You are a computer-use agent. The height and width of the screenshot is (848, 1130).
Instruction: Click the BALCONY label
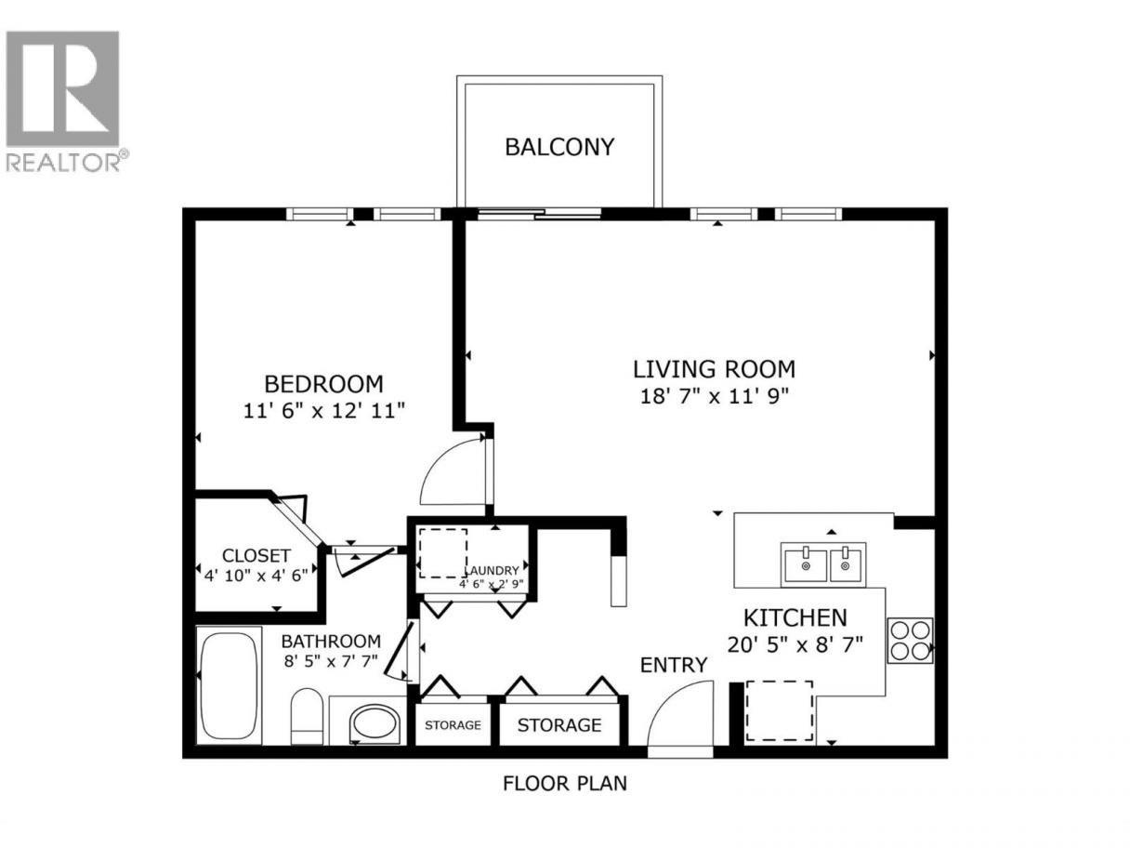click(x=559, y=147)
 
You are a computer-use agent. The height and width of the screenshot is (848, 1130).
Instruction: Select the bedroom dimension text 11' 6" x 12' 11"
click(x=323, y=411)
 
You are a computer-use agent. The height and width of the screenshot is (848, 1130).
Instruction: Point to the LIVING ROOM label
click(x=714, y=369)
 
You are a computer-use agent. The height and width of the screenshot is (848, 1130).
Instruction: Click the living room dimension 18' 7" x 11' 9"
click(x=714, y=396)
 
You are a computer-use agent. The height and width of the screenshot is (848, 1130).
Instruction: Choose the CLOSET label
click(x=256, y=555)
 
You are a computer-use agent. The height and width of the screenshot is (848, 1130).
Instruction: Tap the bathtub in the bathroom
click(x=229, y=685)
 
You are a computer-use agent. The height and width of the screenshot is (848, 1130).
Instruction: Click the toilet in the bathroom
click(x=307, y=716)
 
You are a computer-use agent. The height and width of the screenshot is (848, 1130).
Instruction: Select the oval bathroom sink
click(x=375, y=724)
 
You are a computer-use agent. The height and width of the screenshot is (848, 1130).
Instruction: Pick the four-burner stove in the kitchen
click(x=910, y=641)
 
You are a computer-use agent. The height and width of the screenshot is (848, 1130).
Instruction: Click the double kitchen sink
click(x=823, y=564)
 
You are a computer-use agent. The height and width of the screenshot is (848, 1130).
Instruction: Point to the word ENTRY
click(x=674, y=665)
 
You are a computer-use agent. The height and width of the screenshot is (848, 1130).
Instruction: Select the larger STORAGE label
click(x=559, y=725)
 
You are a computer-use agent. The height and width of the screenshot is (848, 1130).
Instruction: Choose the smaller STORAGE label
click(x=453, y=725)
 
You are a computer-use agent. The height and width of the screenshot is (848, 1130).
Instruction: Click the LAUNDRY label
click(x=493, y=571)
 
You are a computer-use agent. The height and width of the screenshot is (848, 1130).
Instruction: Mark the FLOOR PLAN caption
click(x=565, y=784)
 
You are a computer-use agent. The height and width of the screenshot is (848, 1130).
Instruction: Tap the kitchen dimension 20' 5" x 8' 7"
click(x=795, y=644)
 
